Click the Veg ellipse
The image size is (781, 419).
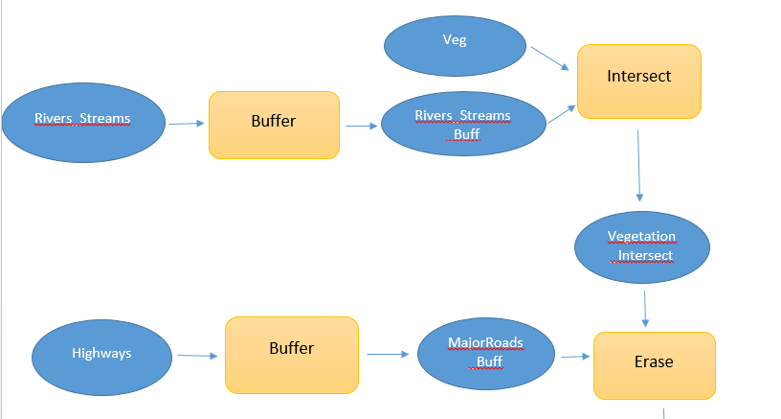click(455, 46)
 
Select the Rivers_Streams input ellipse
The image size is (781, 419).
click(83, 123)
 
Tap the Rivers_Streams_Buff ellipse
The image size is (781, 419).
click(463, 124)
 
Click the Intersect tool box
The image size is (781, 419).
click(639, 81)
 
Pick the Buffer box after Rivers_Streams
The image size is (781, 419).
click(274, 126)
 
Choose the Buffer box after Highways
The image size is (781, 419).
click(292, 355)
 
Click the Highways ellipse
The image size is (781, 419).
click(102, 358)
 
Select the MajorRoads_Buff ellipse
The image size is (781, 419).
click(486, 354)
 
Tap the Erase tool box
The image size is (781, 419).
click(655, 365)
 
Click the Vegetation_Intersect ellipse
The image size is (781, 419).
click(642, 247)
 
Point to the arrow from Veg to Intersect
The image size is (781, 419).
click(549, 58)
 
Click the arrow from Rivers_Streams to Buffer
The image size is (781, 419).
click(187, 123)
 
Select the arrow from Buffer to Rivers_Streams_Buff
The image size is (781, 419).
click(362, 127)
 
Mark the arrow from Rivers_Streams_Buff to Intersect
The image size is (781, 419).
click(562, 114)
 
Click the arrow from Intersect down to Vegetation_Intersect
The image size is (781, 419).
click(639, 166)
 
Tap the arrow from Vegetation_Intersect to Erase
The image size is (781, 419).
click(645, 310)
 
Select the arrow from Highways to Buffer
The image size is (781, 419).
click(198, 356)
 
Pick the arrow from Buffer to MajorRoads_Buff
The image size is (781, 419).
click(388, 354)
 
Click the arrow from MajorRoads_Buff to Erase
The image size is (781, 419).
click(576, 357)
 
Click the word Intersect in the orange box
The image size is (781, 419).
click(639, 76)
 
